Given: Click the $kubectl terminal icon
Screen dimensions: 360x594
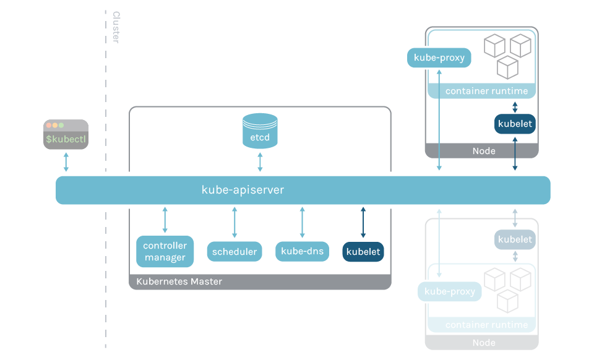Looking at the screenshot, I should point(66,134).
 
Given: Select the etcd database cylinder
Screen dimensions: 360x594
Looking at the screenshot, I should point(260,131).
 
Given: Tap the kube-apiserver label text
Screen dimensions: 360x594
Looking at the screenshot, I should point(243,190).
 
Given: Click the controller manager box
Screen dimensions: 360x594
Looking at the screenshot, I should point(165,252).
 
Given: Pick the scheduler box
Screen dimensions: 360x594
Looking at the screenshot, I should point(234,252).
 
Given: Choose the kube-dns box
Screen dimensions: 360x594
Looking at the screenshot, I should point(302,252).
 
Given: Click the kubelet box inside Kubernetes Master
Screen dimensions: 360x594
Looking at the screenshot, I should point(363,252).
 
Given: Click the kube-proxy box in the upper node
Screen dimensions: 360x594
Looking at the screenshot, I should point(439,58).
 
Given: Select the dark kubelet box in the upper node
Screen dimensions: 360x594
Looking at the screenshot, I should point(515,124).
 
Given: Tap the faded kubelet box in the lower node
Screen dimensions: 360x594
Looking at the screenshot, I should point(515,239).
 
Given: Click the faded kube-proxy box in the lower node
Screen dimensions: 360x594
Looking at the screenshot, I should point(450,291).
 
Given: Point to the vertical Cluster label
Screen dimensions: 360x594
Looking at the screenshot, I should point(116,27).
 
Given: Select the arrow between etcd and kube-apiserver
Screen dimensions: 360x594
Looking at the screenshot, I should point(260,161).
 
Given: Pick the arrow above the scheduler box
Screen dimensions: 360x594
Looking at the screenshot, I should point(234,222).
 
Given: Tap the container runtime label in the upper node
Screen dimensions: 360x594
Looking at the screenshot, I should point(486,92).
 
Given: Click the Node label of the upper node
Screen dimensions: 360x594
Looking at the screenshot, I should point(483,151).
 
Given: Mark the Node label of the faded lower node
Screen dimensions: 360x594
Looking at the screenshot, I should point(483,343).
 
